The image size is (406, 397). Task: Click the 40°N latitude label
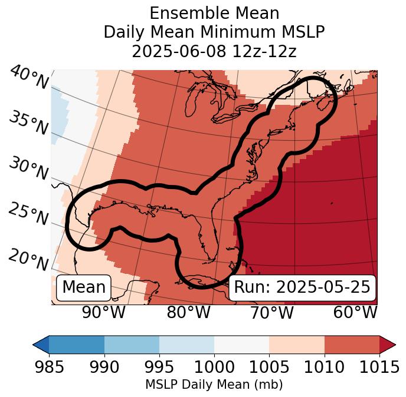click(x=29, y=78)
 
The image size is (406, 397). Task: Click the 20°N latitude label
click(x=28, y=260)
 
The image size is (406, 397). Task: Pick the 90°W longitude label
click(x=104, y=313)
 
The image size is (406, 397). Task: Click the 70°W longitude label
click(x=272, y=313)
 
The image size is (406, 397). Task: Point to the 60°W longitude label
click(x=355, y=313)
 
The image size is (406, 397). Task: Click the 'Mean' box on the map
click(x=84, y=287)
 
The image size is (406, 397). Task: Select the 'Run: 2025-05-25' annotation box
click(x=302, y=287)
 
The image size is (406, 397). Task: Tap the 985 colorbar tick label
click(x=49, y=367)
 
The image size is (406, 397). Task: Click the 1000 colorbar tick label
click(x=214, y=367)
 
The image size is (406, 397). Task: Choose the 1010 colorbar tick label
click(x=324, y=367)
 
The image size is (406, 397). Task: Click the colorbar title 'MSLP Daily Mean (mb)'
click(x=214, y=385)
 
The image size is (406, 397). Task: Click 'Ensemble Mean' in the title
click(x=214, y=13)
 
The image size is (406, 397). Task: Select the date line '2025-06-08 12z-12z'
click(x=214, y=51)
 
